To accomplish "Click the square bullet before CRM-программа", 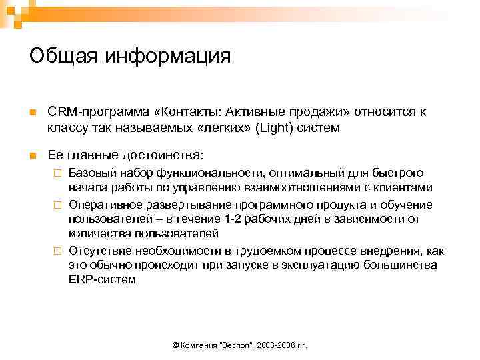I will pyautogui.click(x=32, y=112).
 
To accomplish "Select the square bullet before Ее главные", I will pyautogui.click(x=32, y=155).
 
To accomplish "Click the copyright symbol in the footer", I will pyautogui.click(x=175, y=346).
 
